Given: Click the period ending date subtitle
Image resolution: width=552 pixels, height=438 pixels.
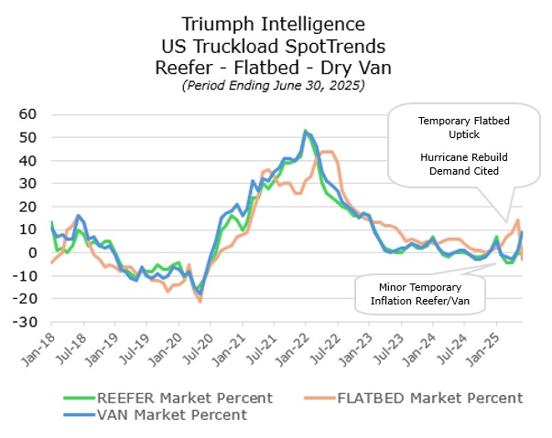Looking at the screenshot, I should pos(274,85).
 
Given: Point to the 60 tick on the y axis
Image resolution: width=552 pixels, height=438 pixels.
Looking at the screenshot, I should pos(26,114).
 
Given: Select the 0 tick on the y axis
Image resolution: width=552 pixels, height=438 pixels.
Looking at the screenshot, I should pos(30,253).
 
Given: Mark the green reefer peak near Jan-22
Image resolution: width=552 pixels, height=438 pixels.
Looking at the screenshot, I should pos(306,131).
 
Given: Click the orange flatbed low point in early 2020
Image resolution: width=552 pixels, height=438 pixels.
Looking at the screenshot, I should pos(200,301).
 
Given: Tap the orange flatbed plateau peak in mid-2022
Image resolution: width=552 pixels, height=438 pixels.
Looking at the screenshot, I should pos(329,152).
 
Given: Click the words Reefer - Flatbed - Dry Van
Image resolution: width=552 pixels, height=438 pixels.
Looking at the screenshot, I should pos(274,65).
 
